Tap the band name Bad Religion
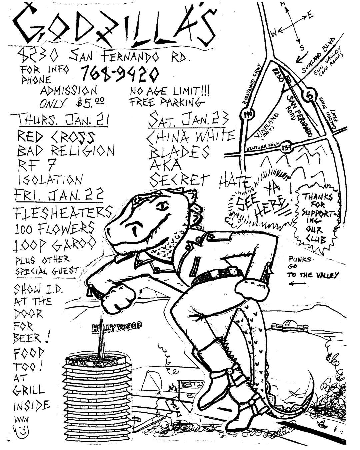[66, 151]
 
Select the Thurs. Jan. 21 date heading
[60, 120]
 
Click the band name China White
[191, 136]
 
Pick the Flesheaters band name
[62, 212]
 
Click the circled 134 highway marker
[285, 147]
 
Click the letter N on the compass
[282, 4]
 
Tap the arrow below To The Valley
[297, 284]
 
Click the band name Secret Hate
[200, 181]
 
